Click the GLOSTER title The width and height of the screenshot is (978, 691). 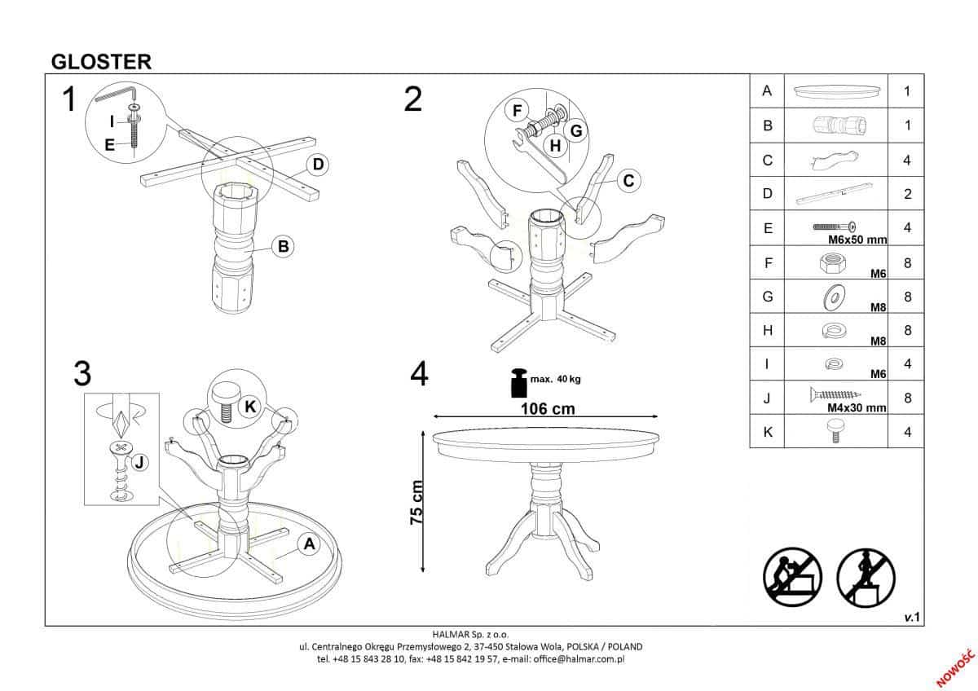tap(101, 62)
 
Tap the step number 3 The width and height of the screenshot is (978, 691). tap(82, 374)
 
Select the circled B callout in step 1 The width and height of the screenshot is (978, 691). tap(283, 246)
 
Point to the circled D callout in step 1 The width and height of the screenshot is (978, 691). tap(318, 165)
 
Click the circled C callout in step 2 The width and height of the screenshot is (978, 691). tap(628, 181)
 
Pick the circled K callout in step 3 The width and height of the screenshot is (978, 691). tap(250, 407)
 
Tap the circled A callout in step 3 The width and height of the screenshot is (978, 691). tap(309, 544)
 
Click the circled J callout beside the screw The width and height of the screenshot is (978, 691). tap(139, 462)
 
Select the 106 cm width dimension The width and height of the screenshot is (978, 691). tap(548, 409)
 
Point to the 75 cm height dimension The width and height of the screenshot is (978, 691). tap(416, 503)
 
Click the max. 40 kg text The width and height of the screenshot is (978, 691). tap(555, 379)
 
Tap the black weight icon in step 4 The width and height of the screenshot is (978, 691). tap(519, 383)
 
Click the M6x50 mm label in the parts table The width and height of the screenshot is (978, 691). tap(857, 240)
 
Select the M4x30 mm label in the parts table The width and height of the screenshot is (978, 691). tap(857, 408)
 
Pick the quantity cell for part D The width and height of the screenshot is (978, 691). tap(906, 193)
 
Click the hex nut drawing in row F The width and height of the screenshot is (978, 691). tap(833, 263)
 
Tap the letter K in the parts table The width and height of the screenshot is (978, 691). tap(768, 432)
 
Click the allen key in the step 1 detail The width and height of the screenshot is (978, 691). tap(117, 94)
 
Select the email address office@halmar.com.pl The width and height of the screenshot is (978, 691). tap(579, 659)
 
